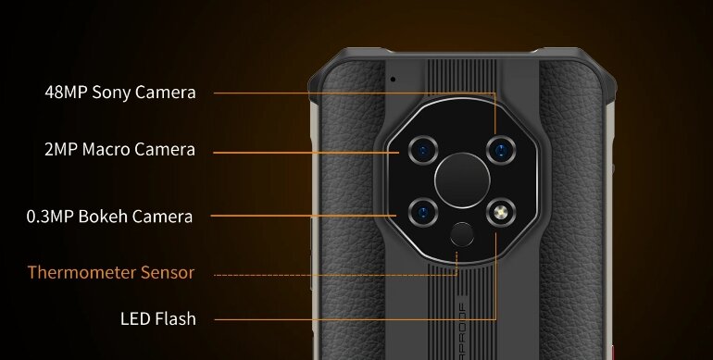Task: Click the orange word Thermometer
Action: (83, 273)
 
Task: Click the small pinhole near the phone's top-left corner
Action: (393, 79)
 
